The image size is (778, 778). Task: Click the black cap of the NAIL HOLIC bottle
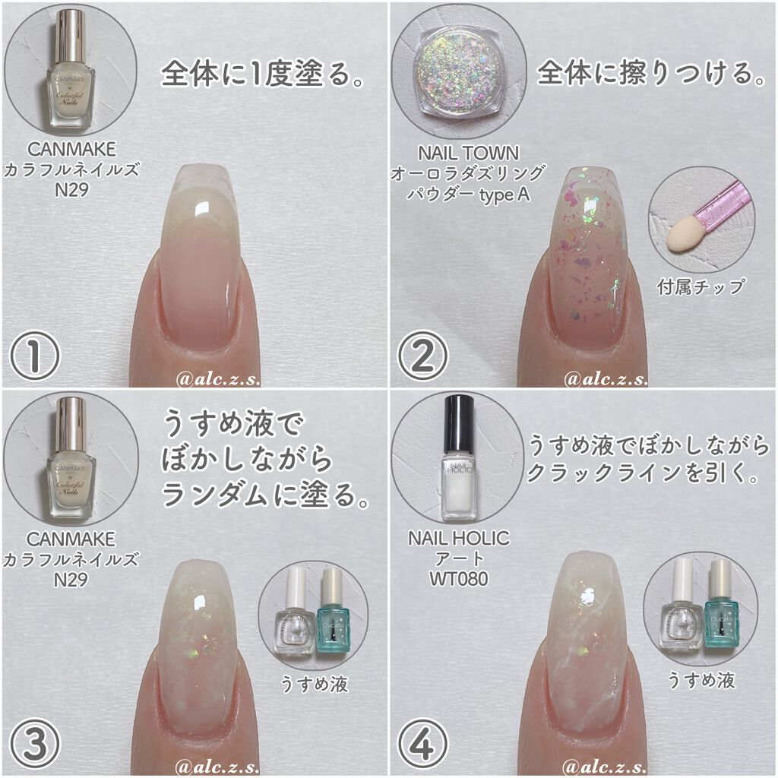coord(459,419)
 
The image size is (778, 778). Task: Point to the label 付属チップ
coord(701,287)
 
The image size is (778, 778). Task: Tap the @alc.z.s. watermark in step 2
coord(606,378)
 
